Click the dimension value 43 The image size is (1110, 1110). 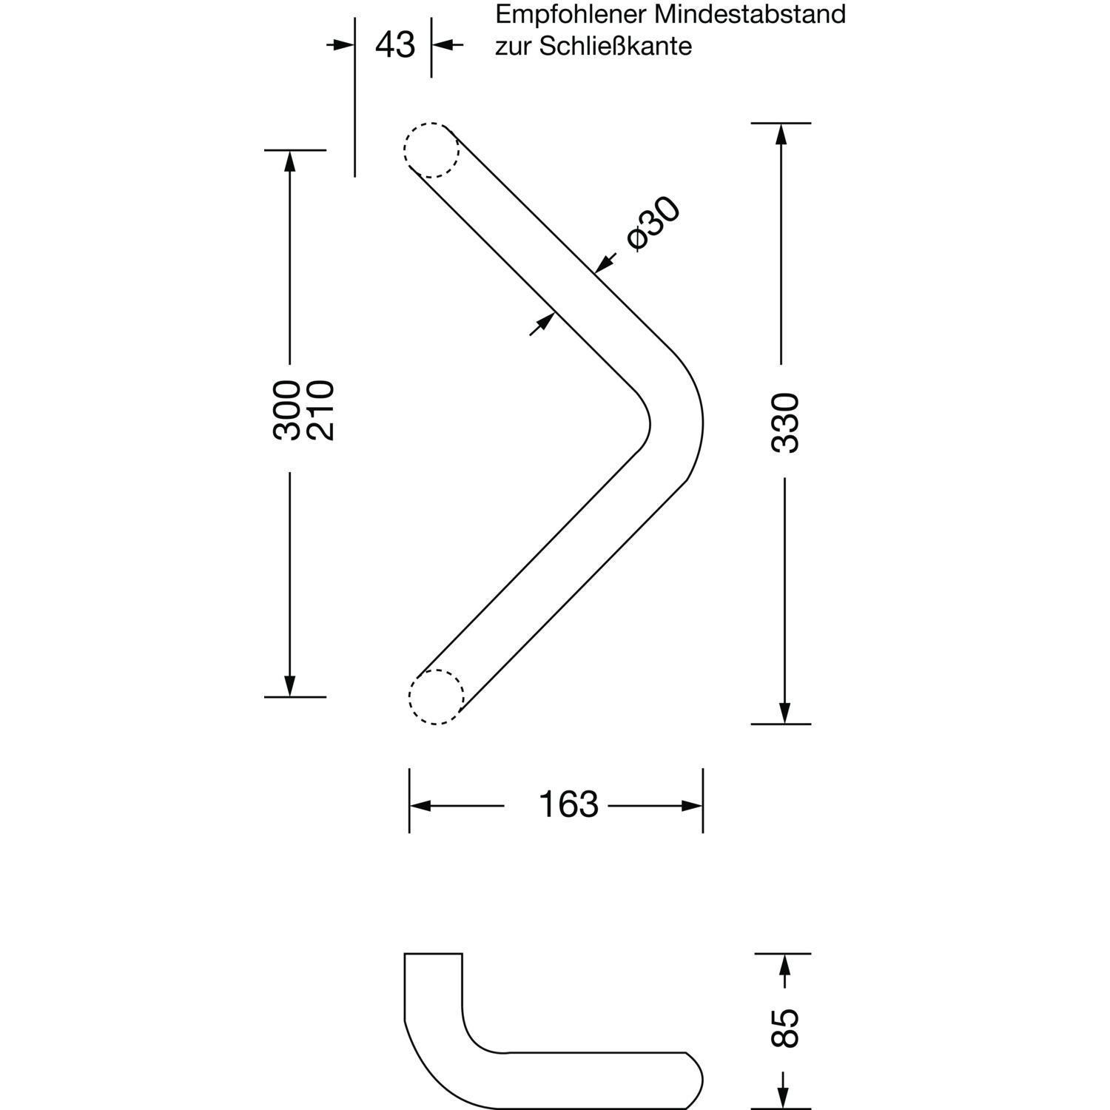point(395,45)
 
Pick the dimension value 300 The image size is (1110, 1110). point(286,411)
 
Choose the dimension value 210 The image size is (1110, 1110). point(320,411)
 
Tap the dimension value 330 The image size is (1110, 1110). point(785,423)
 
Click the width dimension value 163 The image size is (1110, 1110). point(568,804)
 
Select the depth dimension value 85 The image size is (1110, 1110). point(785,1028)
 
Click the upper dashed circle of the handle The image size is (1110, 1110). point(431,149)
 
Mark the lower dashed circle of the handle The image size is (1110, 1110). point(437,696)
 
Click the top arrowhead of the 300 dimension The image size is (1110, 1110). point(289,161)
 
